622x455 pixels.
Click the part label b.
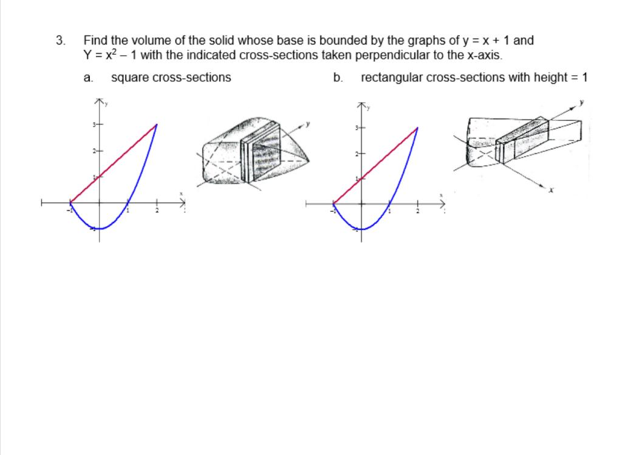click(x=338, y=78)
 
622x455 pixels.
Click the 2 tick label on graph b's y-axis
click(x=355, y=153)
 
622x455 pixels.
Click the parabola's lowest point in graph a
click(x=100, y=229)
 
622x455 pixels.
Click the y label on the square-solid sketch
click(x=308, y=124)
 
